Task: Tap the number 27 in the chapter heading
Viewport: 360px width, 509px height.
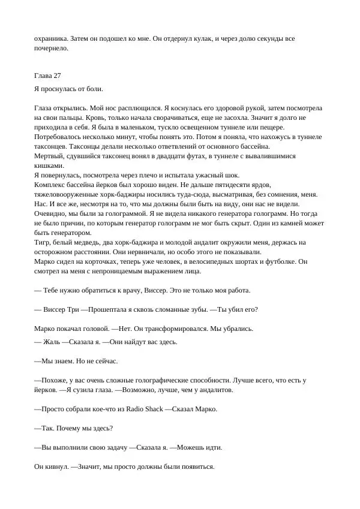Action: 61,75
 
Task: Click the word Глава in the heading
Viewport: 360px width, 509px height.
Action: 45,75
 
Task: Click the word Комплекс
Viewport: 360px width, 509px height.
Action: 52,185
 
